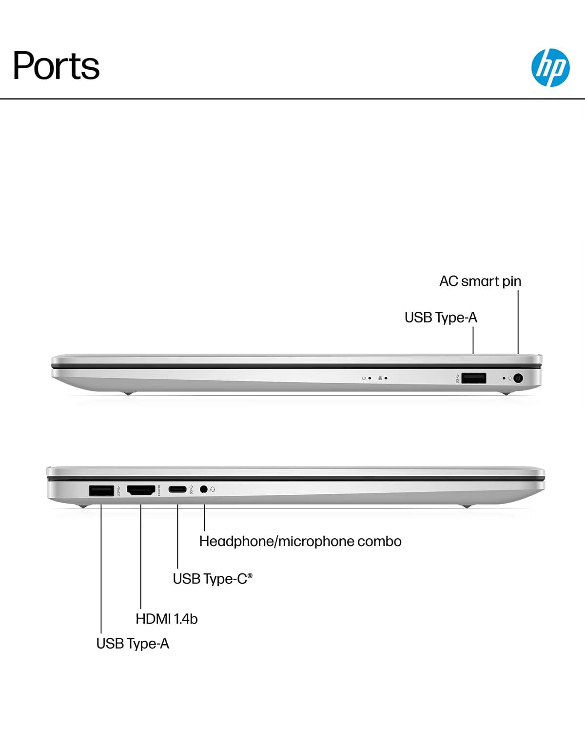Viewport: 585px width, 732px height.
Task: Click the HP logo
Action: tap(550, 67)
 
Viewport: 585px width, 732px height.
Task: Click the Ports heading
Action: tap(56, 65)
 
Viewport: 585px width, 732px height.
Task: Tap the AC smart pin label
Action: tap(480, 281)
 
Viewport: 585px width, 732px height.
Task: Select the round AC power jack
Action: tap(518, 378)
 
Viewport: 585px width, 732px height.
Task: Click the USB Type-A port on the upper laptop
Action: tap(473, 378)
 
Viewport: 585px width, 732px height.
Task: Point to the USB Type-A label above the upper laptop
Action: tap(441, 318)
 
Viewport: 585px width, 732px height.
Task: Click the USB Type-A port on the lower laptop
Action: tap(101, 490)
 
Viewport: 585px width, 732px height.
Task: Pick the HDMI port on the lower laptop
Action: tap(141, 490)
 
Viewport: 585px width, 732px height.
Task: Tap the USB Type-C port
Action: tap(177, 489)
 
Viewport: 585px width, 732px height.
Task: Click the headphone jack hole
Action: tap(204, 489)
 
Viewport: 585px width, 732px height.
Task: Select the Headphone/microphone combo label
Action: tap(300, 542)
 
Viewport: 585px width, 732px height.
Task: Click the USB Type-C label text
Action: tap(213, 579)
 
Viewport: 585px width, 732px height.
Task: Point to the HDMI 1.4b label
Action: tap(167, 619)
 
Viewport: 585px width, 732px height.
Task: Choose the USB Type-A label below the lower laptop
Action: tap(133, 644)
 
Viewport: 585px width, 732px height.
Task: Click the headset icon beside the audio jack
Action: tap(213, 489)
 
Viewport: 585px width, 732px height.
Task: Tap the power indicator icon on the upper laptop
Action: tap(364, 378)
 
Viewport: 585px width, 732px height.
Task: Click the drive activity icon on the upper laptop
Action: tap(380, 378)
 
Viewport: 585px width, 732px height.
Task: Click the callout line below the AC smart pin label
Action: tap(518, 322)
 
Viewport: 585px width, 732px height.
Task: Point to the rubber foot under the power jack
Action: tap(506, 393)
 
